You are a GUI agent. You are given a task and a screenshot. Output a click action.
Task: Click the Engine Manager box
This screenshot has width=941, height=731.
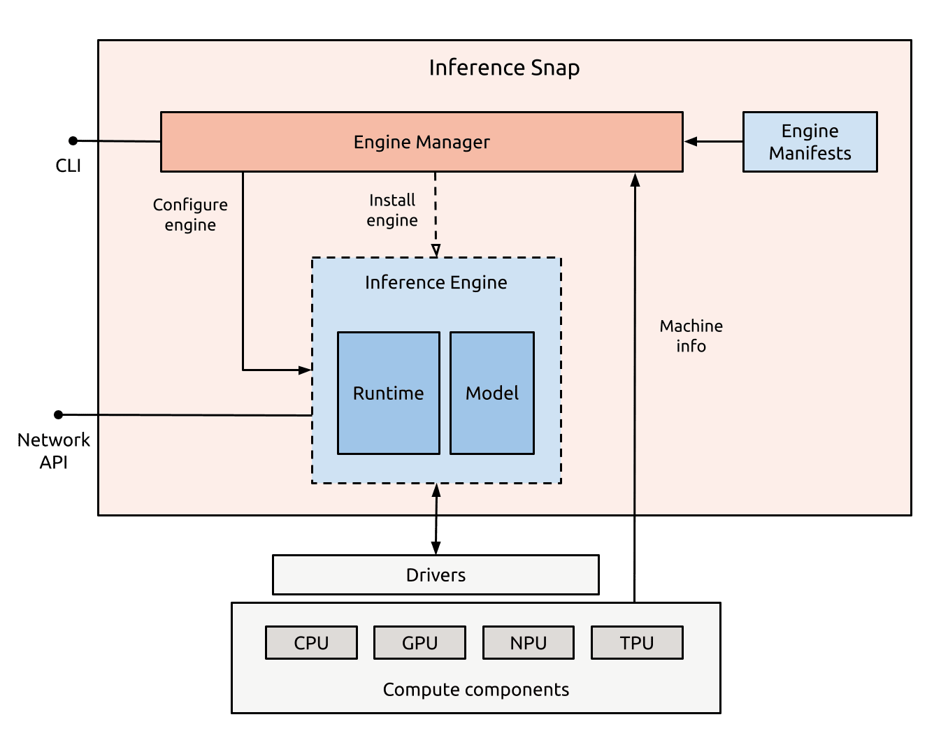coord(422,142)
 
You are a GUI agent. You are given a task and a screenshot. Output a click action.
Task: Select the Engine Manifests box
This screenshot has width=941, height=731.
coord(810,142)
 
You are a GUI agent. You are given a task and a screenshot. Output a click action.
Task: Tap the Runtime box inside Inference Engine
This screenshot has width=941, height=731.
coord(388,393)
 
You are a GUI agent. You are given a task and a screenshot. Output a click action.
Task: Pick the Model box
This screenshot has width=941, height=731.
coord(491,393)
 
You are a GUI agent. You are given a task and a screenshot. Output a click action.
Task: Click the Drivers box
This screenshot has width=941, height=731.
coord(436,574)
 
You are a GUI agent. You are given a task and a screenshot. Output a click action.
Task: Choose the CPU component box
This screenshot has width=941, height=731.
coord(311,643)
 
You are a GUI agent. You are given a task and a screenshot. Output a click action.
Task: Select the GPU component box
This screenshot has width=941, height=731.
coord(419,643)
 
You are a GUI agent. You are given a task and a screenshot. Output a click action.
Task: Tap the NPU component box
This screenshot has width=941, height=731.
coord(528,643)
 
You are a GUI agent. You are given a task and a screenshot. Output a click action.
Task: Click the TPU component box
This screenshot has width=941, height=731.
coord(636,643)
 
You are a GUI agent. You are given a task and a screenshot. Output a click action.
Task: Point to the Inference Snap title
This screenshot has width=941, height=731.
coord(504,68)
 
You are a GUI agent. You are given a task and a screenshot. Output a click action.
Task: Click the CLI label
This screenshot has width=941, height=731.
coord(69,166)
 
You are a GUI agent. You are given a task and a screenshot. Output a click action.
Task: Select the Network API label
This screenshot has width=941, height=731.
coord(54,451)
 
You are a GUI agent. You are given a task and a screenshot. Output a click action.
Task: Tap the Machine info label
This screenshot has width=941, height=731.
coord(691,336)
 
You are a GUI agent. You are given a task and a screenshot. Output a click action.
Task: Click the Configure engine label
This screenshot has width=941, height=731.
coord(190,215)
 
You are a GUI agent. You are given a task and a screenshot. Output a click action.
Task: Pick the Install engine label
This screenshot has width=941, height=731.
coord(392,210)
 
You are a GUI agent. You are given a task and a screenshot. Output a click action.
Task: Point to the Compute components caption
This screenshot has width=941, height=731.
coord(475,690)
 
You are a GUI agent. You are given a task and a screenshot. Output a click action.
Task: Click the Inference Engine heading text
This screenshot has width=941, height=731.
coord(436,282)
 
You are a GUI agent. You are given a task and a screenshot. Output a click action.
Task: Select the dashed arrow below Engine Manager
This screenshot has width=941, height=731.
coord(436,213)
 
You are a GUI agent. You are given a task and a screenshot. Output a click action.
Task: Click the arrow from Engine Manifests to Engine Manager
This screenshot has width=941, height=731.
coord(712,142)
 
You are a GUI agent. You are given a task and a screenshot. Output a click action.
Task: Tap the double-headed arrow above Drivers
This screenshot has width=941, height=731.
coord(436,519)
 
